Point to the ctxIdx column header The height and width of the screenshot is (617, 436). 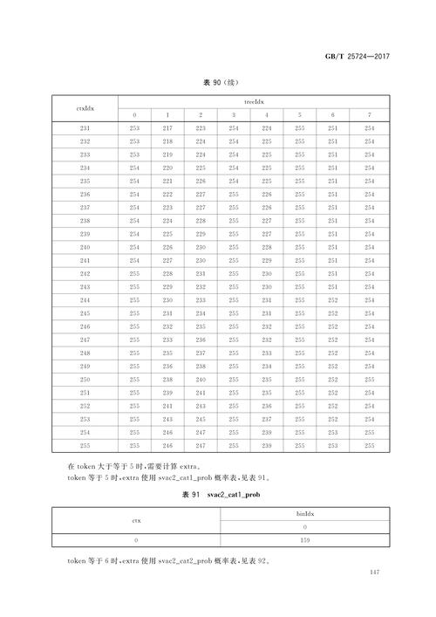85,108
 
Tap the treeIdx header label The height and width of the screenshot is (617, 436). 253,101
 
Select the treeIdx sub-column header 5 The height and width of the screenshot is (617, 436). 299,116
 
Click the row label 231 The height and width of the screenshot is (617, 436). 85,129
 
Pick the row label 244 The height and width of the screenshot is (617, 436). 85,299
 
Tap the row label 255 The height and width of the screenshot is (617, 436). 85,445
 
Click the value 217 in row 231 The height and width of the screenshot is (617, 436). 167,129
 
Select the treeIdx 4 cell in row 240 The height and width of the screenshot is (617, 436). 266,247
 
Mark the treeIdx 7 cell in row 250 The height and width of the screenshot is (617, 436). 370,380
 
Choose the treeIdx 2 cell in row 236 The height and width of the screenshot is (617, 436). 201,194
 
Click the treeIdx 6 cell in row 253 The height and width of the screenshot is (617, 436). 332,420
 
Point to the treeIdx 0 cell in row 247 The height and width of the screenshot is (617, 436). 134,339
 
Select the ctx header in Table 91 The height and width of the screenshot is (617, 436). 135,522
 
